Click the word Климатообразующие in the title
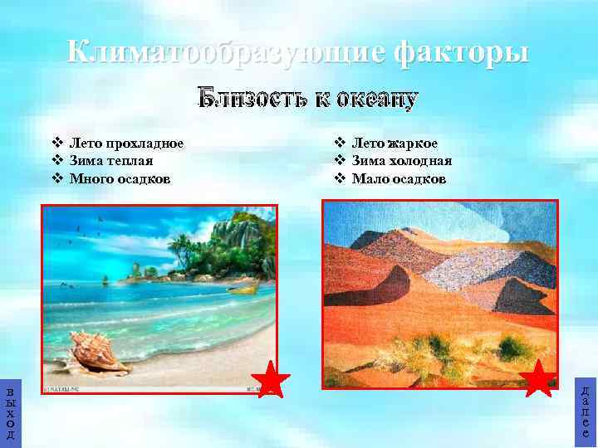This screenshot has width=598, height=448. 225,52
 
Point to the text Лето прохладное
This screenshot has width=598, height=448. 126,143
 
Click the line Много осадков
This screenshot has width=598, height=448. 120,178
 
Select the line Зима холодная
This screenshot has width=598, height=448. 401,161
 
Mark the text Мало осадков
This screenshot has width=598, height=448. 399,178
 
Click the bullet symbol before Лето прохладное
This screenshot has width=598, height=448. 57,143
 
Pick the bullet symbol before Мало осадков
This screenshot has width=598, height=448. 339,178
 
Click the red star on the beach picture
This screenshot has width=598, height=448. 270,380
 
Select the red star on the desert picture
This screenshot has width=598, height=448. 539,378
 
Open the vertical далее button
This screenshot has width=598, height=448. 586,411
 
